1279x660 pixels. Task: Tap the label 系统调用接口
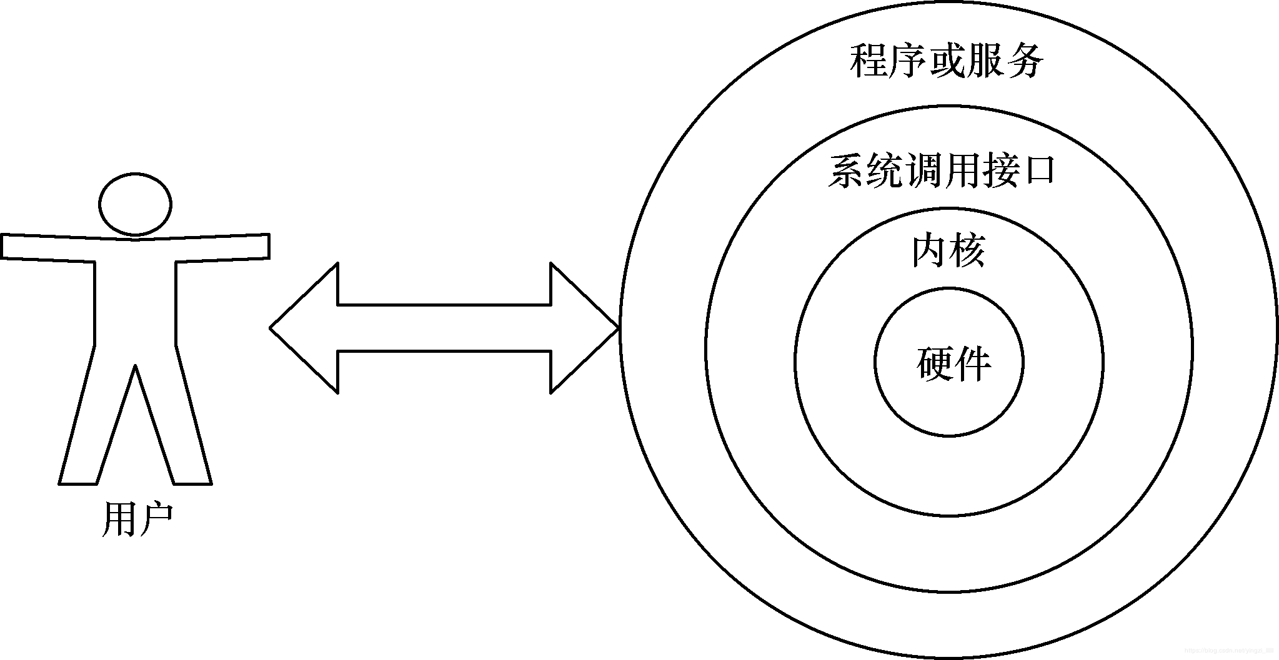pos(942,170)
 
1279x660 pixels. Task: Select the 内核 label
pos(948,251)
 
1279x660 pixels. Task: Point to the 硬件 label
pos(953,363)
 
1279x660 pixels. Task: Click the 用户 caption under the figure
pos(136,520)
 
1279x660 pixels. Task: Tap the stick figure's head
pos(135,205)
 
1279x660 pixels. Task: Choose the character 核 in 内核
pos(967,251)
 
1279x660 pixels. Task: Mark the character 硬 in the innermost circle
pos(935,363)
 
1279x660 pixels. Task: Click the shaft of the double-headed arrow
pos(444,328)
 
